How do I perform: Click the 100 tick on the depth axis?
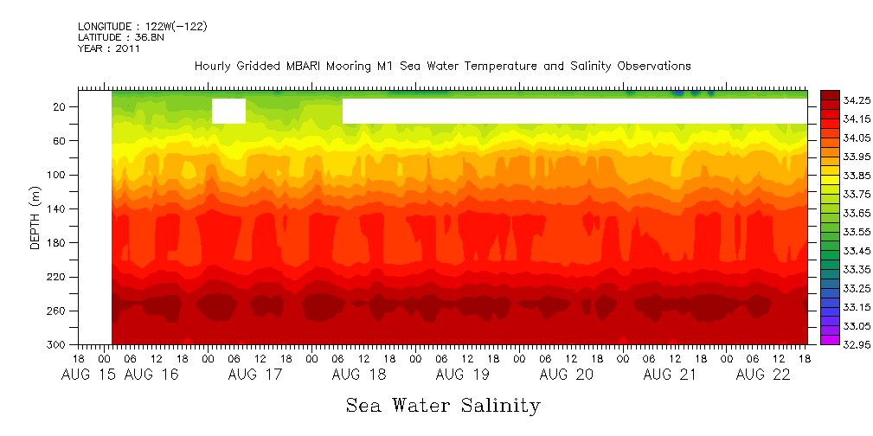pos(61,175)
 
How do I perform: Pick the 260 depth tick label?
pos(61,311)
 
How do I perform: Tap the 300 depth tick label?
pos(61,344)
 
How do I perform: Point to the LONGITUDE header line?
pos(142,26)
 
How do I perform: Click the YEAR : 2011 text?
pos(109,48)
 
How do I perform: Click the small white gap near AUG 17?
pos(228,112)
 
